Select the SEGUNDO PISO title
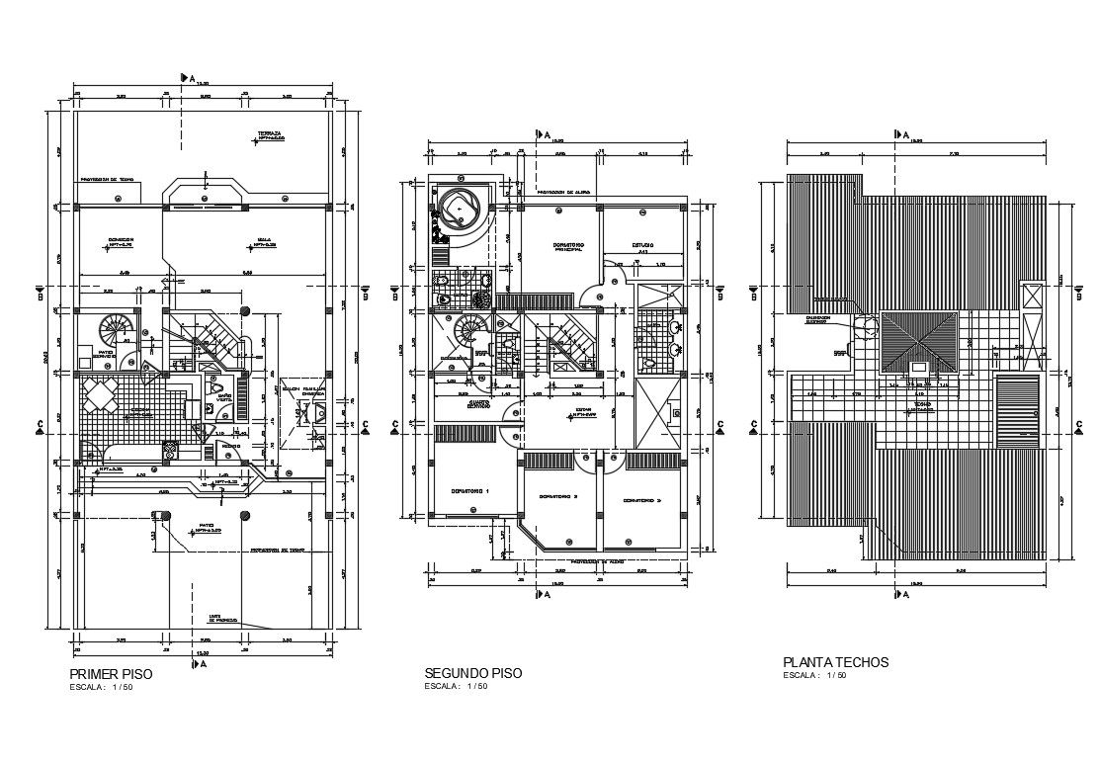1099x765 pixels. (472, 673)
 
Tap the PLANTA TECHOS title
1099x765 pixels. (835, 662)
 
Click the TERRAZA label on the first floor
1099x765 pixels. (269, 133)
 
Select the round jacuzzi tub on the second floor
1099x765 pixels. (462, 209)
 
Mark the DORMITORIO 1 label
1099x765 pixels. (470, 490)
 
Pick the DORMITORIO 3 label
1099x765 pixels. (640, 500)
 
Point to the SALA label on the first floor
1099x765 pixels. (263, 240)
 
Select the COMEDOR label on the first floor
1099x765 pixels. (122, 240)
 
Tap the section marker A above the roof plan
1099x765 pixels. (902, 133)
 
